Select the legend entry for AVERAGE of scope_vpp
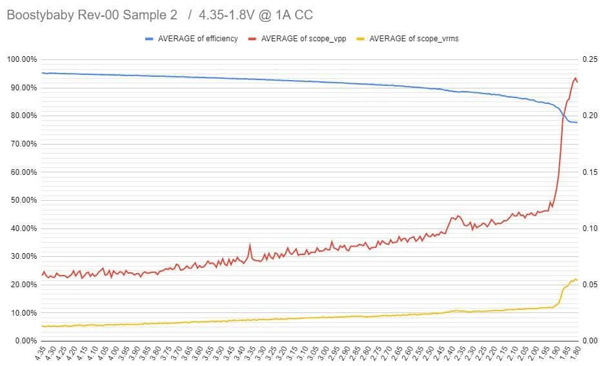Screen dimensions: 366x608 [303, 39]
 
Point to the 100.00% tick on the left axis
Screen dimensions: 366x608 [21, 60]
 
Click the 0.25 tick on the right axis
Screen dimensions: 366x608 [591, 60]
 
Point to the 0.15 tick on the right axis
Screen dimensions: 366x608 [591, 172]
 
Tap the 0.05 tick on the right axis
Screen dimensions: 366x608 [591, 285]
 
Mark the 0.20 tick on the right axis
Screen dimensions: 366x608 [591, 116]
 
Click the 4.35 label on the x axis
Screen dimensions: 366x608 [41, 354]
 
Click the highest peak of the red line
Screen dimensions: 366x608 [575, 78]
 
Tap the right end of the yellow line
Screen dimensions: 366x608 [577, 280]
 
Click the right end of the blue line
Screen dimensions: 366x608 [577, 123]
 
